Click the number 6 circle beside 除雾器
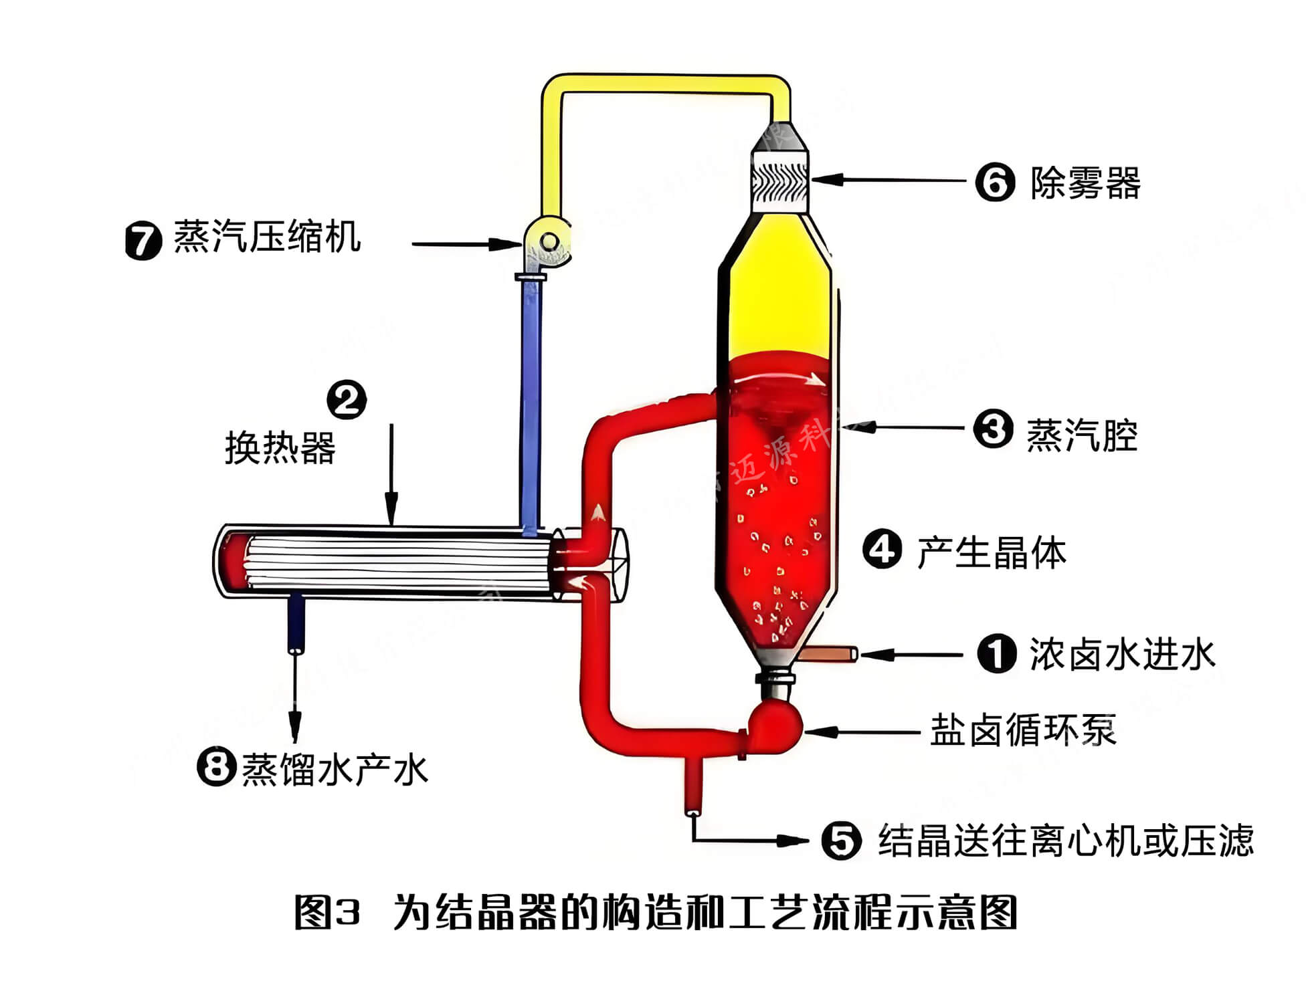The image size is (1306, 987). [x=995, y=181]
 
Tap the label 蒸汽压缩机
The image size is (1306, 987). [x=268, y=237]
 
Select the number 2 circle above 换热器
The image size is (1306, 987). [x=347, y=400]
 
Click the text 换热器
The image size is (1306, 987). [x=280, y=447]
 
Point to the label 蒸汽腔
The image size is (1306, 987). [x=1082, y=435]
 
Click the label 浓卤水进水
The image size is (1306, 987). [x=1122, y=654]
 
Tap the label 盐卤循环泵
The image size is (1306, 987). [x=1023, y=730]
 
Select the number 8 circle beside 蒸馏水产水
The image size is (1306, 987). [x=216, y=767]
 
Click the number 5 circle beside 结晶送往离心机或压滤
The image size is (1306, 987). [x=842, y=840]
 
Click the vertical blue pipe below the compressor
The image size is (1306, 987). [x=531, y=401]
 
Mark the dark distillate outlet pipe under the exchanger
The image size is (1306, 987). [x=295, y=625]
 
